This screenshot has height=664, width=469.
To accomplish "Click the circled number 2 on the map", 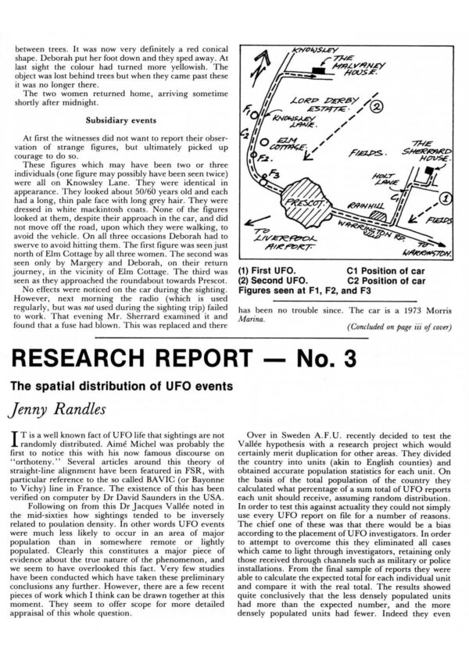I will (377, 105).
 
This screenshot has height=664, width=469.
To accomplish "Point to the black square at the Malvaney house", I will (317, 70).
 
